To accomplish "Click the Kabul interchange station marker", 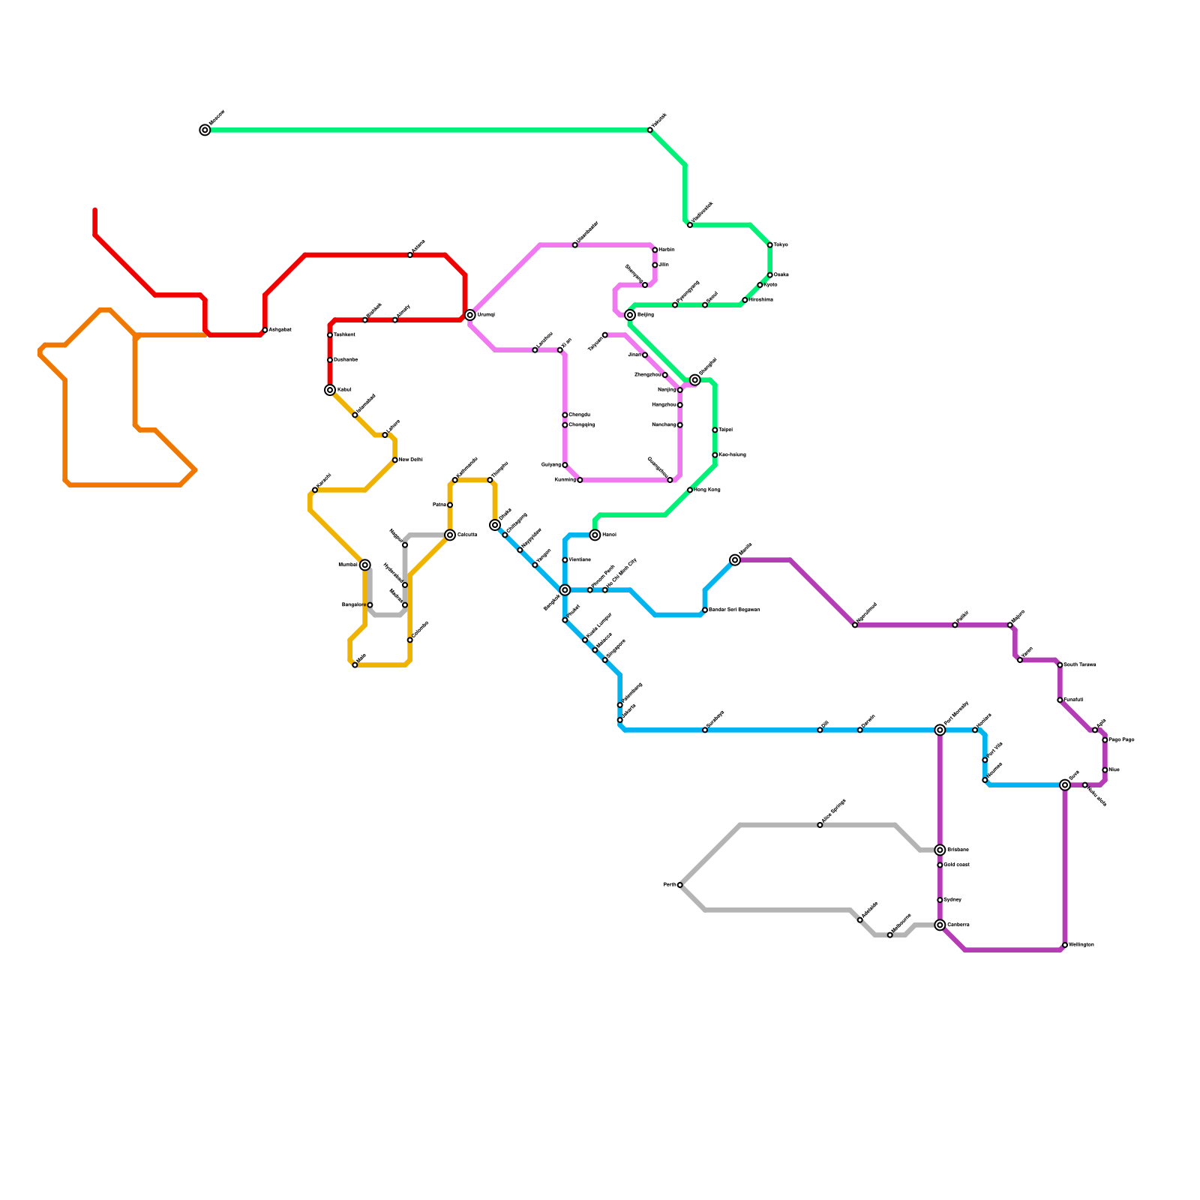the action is point(330,390).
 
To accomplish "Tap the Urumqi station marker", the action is point(470,315).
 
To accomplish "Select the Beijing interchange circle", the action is point(630,315).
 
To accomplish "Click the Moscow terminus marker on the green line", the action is point(205,130).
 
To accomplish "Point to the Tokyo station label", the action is point(781,245).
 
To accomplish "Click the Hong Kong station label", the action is point(707,490).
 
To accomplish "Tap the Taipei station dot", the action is point(715,430).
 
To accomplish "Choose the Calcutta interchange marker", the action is point(450,535).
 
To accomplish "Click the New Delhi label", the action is point(411,460).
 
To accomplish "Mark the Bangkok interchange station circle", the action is point(565,590).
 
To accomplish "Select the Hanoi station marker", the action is point(595,535).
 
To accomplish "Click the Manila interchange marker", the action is point(735,560).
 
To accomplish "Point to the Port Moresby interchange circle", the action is point(940,730).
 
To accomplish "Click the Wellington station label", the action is point(1081,945).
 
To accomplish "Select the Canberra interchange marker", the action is point(940,925).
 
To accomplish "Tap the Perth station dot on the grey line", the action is point(680,885).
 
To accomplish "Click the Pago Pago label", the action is point(1121,740).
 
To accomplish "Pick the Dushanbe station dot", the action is point(330,360).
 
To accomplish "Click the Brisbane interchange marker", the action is point(940,850).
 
